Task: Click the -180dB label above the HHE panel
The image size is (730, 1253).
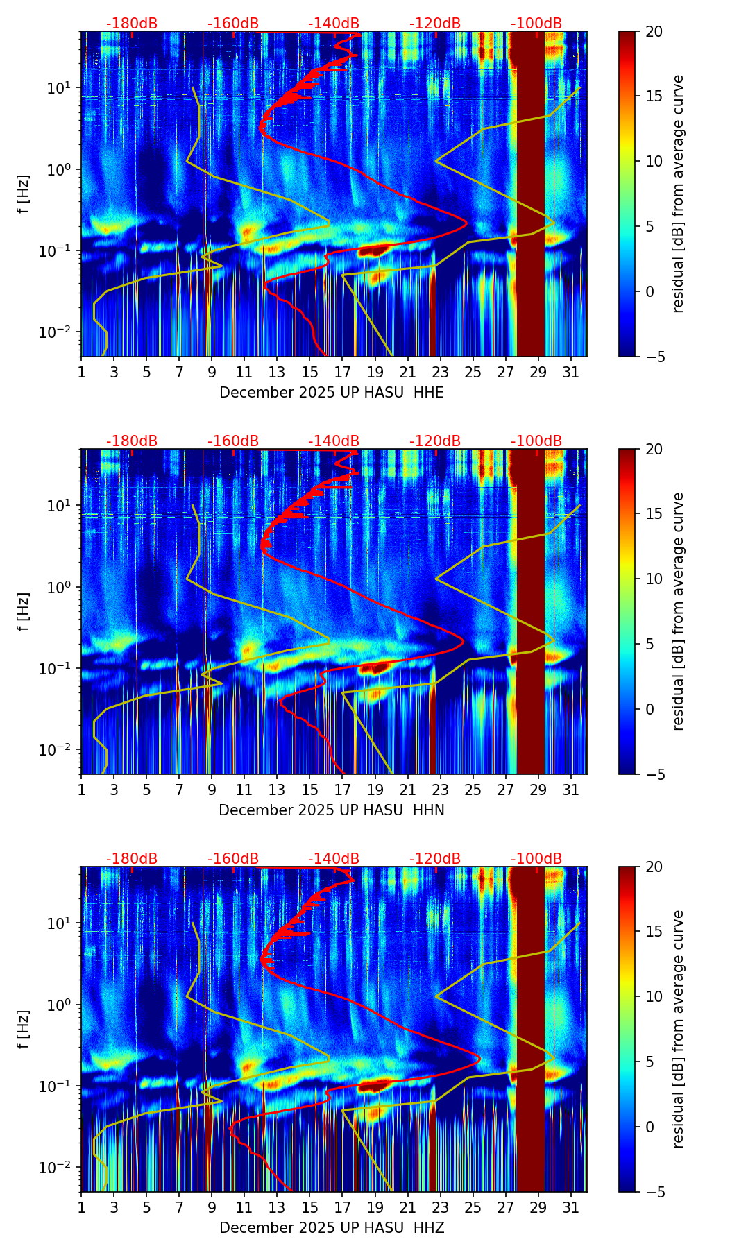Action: [132, 24]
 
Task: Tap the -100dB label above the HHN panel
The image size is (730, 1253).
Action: [536, 441]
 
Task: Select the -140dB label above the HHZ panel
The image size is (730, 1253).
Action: [334, 859]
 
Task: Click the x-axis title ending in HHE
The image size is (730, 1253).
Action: [331, 393]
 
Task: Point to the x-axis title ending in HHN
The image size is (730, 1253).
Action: [331, 810]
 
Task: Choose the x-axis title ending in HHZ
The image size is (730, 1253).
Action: [331, 1228]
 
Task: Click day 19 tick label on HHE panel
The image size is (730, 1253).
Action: [375, 372]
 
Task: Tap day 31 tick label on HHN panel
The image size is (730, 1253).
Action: [570, 790]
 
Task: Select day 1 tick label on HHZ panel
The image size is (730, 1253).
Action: [82, 1207]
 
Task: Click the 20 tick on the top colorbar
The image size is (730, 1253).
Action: [654, 31]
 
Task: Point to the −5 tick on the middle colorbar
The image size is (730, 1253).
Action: [654, 774]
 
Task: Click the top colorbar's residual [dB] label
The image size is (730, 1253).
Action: [679, 194]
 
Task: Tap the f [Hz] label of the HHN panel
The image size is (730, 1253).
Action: [24, 611]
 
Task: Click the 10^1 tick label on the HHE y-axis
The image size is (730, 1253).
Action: [62, 88]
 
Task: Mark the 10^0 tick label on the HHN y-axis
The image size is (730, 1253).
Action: [62, 588]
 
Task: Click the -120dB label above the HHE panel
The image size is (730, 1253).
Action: [435, 24]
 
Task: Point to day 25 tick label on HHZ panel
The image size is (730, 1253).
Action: [473, 1207]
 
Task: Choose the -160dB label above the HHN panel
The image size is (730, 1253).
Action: [233, 441]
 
